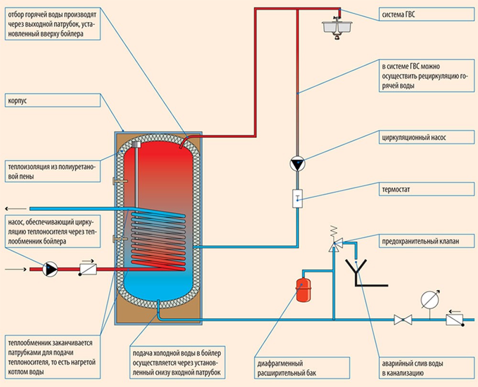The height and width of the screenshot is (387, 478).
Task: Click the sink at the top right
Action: pos(337,27)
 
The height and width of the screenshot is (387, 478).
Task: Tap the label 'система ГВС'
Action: pos(399,14)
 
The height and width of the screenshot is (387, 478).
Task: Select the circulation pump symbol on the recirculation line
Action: pos(297,164)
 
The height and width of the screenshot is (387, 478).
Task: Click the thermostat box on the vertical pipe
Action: pos(297,199)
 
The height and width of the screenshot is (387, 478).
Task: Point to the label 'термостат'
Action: pos(396,189)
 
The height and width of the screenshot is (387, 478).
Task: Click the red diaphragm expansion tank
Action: pos(304,289)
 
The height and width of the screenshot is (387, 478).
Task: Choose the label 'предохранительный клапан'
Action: pos(420,241)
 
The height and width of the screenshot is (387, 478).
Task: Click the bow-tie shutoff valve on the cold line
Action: pos(402,320)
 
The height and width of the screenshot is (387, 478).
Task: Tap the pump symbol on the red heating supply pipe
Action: pos(50,269)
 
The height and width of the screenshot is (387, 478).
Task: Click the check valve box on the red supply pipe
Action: pos(88,269)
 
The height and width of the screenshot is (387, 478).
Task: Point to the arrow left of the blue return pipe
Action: pos(16,209)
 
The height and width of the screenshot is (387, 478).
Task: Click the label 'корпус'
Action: pos(17,100)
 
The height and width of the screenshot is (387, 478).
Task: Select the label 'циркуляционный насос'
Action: pos(414,138)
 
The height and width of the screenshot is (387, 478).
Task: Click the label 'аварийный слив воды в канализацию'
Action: pos(413,368)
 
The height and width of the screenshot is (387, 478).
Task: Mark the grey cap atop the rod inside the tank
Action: pos(136,144)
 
